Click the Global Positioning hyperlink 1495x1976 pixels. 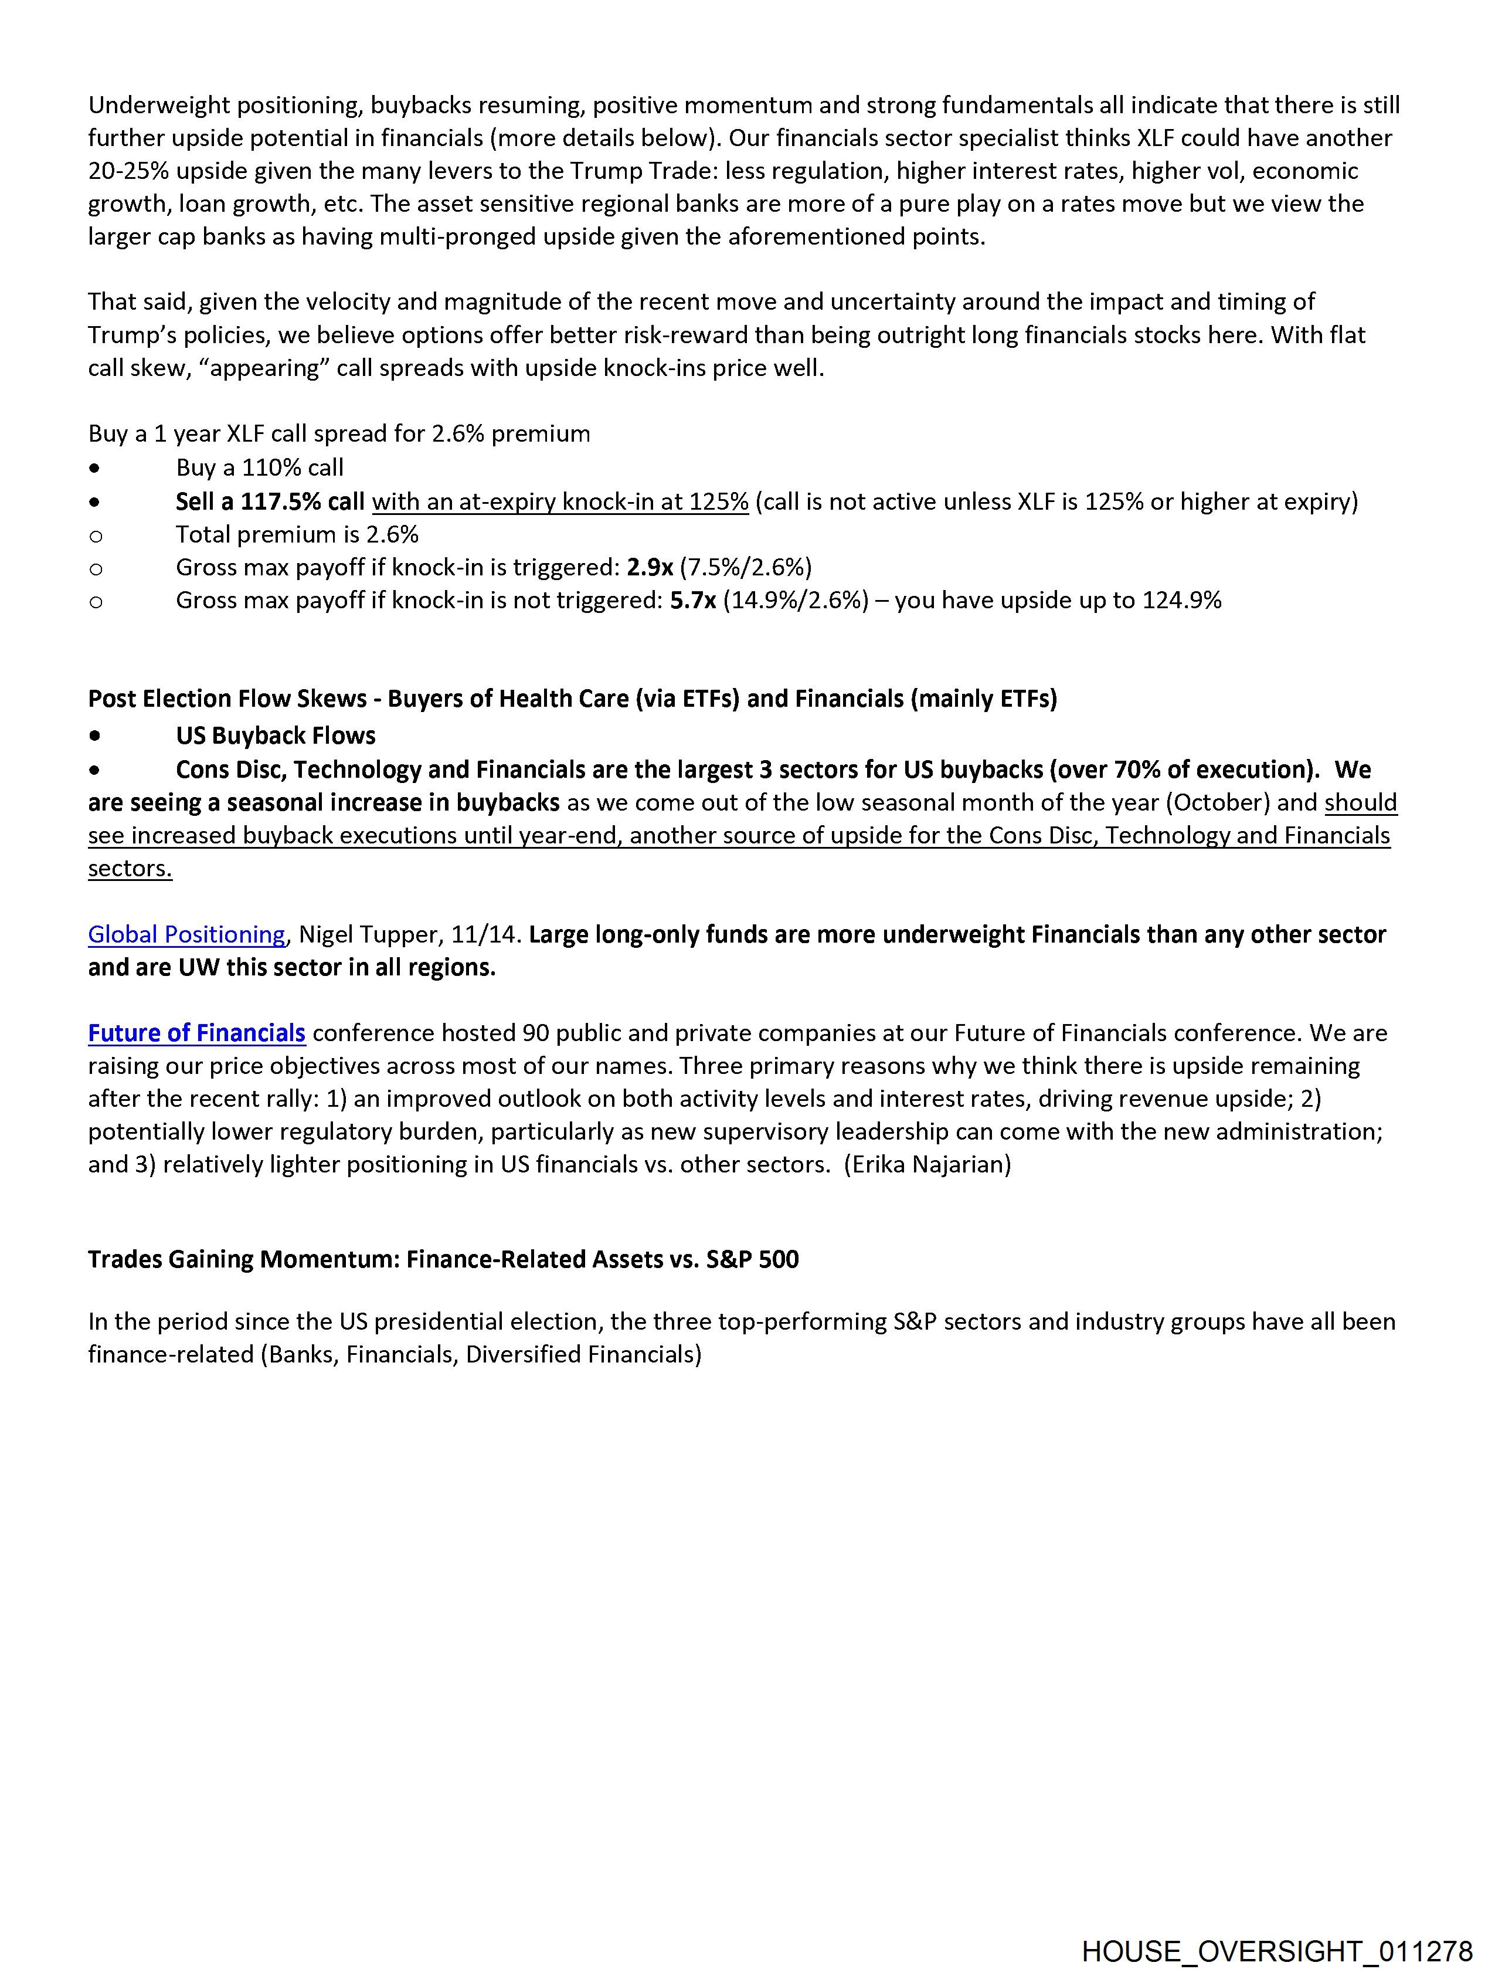[186, 934]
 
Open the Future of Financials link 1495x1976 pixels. [196, 1033]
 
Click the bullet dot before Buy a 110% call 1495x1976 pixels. [94, 468]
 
